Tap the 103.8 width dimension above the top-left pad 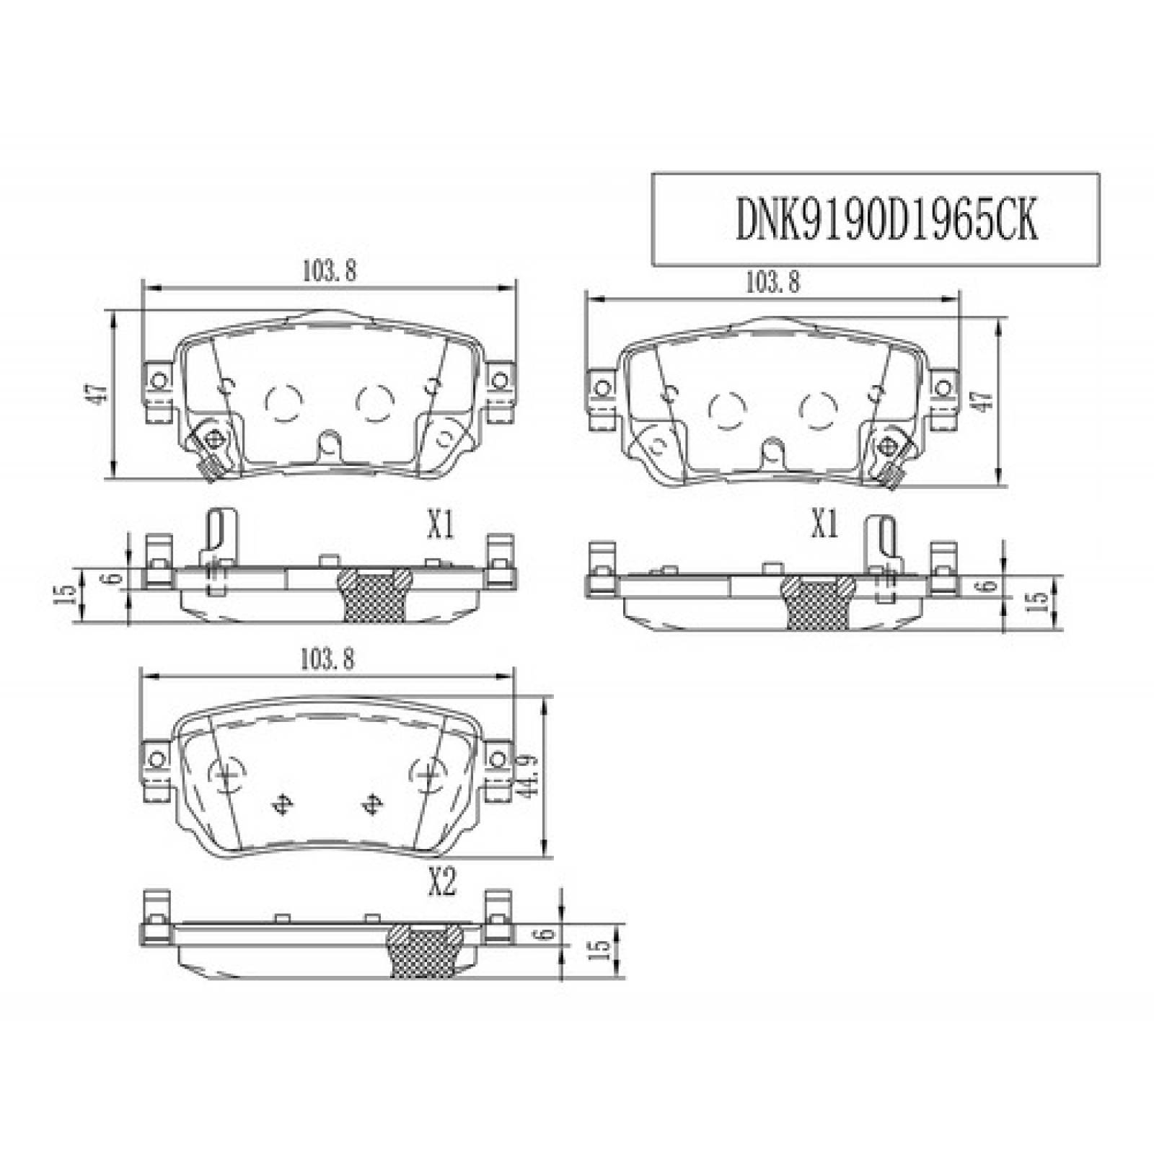[x=329, y=271]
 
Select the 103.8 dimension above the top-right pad [x=772, y=282]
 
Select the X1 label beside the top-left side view [x=439, y=527]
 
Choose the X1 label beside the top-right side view [x=824, y=526]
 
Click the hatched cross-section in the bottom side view [x=426, y=951]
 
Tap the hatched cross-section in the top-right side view [x=819, y=602]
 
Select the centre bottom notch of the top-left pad [x=329, y=446]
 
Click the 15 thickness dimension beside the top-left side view [x=66, y=593]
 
